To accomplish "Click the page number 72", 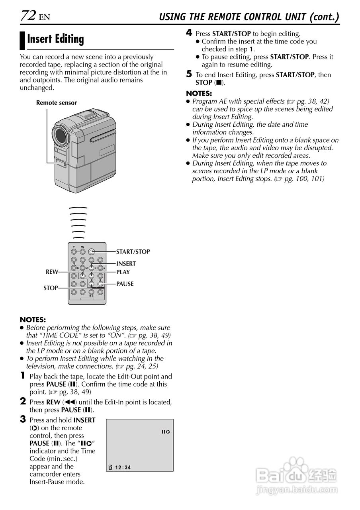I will pos(28,16).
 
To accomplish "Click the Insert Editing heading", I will pos(55,39).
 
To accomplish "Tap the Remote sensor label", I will pos(56,103).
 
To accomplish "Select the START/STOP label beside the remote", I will pos(133,252).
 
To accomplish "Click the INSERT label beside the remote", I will pos(126,264).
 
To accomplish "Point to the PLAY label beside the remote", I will pos(123,272).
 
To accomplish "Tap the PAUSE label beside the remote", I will pos(125,284).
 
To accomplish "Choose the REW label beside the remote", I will pos(52,272).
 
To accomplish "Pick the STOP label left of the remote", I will pos(51,288).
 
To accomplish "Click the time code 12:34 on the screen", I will pos(123,467).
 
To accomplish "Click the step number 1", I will pos(23,376).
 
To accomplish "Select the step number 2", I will pos(23,402).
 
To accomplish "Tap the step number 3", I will pos(23,419).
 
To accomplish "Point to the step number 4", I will pos(190,33).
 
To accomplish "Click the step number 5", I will pos(190,74).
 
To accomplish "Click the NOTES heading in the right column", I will pos(199,94).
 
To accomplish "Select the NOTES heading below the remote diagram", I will pos(33,320).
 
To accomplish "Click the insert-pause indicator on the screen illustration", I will pos(166,432).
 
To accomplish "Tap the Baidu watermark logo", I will pos(297,474).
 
